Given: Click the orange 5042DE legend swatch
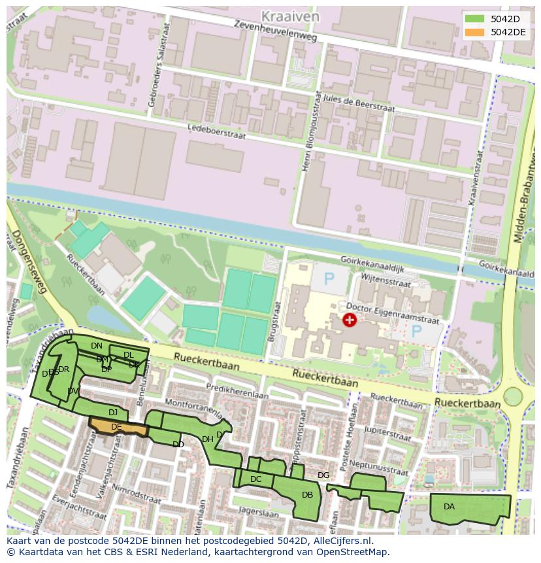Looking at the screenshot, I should click(475, 32).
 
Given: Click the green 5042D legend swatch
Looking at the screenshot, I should click(475, 18).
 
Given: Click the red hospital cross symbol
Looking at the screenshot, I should click(350, 319).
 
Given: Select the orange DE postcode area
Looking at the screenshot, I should click(118, 427).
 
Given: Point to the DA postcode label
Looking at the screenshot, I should click(449, 507).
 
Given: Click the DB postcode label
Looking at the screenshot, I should click(307, 495).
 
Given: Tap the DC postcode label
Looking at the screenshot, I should click(255, 479).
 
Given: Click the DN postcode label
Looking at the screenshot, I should click(97, 346).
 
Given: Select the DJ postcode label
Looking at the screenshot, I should click(113, 413).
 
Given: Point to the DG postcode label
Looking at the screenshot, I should click(323, 475).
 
